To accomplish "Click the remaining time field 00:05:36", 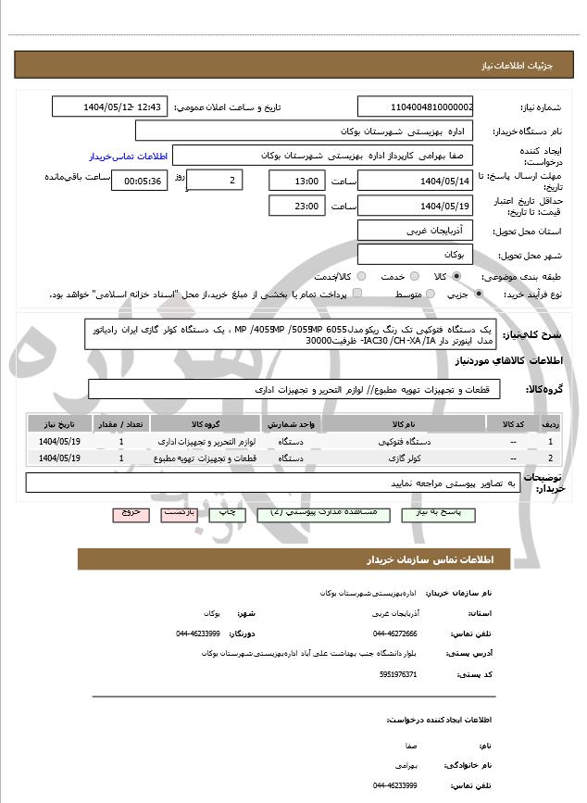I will coord(139,181).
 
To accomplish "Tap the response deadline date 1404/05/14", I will coord(415,181).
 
